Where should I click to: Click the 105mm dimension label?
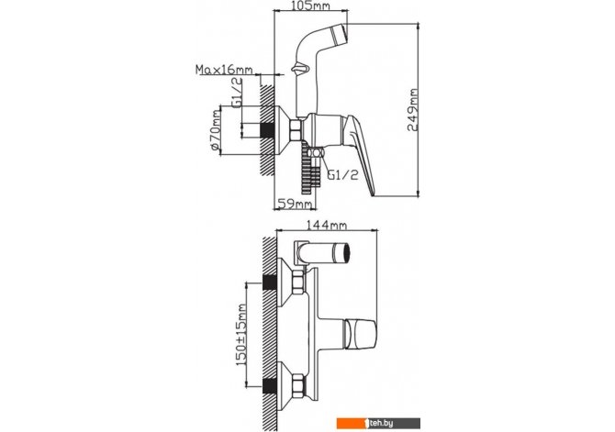click(311, 6)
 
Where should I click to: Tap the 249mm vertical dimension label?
click(412, 110)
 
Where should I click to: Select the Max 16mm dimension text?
click(224, 70)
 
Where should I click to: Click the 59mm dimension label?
click(295, 205)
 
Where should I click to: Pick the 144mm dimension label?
click(327, 226)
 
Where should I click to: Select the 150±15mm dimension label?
click(241, 335)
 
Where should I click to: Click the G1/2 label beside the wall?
click(237, 93)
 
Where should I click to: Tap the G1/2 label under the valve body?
click(343, 175)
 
